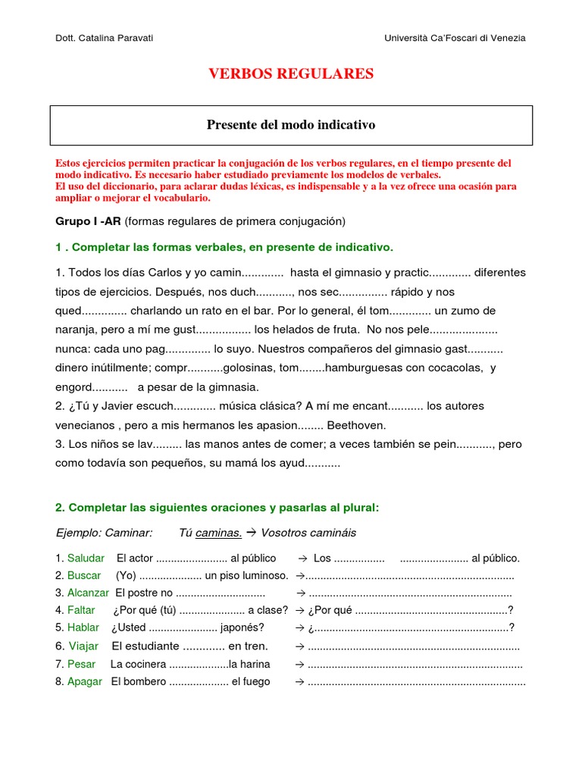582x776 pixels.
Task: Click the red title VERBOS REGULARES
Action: coord(291,74)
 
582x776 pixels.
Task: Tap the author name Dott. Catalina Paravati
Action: coord(105,38)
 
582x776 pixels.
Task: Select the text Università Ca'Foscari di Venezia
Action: coord(455,38)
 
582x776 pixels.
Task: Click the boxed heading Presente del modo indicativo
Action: coord(291,124)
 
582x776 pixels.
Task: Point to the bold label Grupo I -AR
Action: coord(89,221)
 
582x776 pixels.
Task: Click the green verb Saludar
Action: coord(86,559)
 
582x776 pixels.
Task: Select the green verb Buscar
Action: coord(83,575)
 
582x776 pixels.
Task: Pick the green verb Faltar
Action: coord(81,610)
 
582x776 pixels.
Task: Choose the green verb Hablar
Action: coord(83,627)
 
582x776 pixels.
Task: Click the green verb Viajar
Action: coord(83,646)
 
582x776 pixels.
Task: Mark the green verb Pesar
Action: coord(82,665)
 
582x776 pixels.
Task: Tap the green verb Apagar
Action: coord(84,682)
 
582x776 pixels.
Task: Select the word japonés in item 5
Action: coord(242,627)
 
